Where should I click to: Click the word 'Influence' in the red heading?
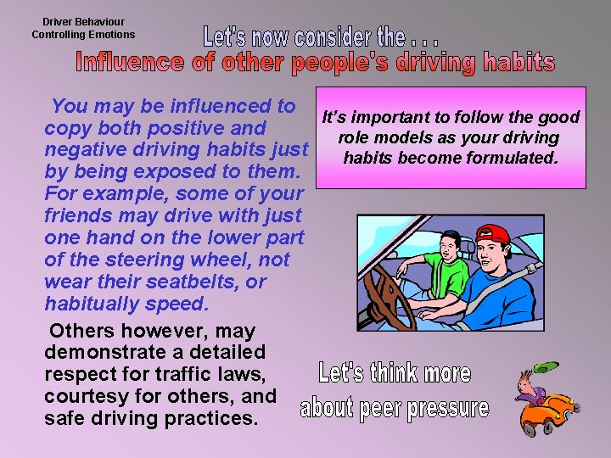pos(126,63)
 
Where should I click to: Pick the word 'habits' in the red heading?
pos(519,63)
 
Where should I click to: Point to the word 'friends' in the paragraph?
pos(78,215)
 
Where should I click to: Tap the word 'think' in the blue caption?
pos(394,373)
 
